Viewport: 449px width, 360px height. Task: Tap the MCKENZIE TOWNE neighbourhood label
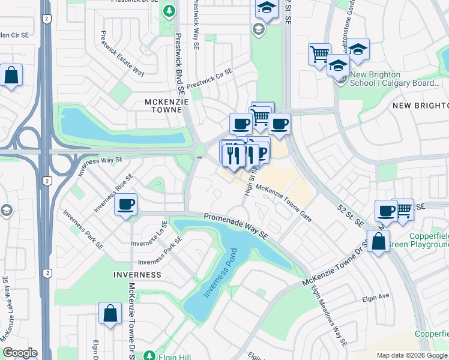point(167,106)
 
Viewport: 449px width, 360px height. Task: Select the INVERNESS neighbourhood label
point(137,274)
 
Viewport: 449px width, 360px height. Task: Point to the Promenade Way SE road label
point(235,226)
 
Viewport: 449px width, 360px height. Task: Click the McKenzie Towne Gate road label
point(284,204)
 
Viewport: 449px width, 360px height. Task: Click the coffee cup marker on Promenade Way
point(126,204)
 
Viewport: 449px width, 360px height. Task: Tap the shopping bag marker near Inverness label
point(110,314)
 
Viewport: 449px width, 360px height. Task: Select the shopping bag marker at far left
point(11,76)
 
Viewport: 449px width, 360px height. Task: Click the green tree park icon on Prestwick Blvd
point(170,10)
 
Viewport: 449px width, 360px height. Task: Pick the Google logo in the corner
point(20,353)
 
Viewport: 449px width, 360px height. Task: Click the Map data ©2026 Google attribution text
point(412,355)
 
